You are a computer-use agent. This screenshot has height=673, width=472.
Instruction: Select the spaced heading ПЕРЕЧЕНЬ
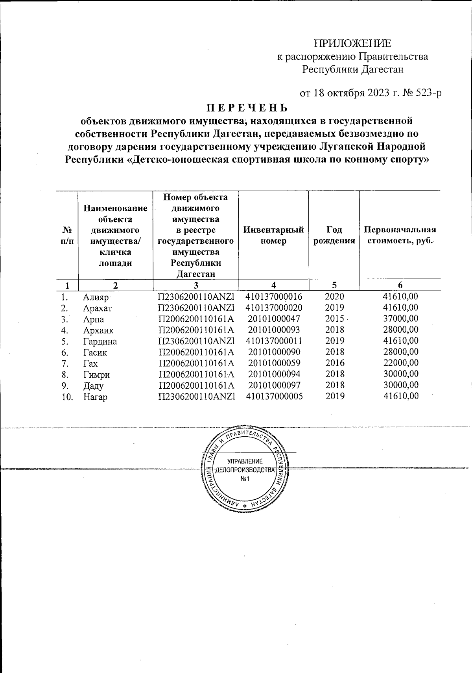[247, 107]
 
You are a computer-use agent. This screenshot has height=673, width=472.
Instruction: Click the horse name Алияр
[96, 297]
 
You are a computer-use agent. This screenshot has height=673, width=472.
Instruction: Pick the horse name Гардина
[100, 341]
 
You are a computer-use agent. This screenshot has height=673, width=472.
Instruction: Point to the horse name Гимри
[96, 375]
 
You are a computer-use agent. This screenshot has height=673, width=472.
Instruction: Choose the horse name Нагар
[95, 397]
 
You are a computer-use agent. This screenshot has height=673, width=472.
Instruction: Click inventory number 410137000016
[274, 297]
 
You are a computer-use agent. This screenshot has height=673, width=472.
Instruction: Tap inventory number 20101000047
[274, 319]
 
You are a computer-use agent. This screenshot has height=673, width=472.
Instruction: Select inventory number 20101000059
[274, 363]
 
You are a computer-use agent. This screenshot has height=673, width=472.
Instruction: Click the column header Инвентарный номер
[273, 235]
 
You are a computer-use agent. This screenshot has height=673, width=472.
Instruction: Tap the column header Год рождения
[334, 235]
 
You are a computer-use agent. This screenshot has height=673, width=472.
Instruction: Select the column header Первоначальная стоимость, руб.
[400, 235]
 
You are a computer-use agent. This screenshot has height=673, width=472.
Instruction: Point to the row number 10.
[67, 397]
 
